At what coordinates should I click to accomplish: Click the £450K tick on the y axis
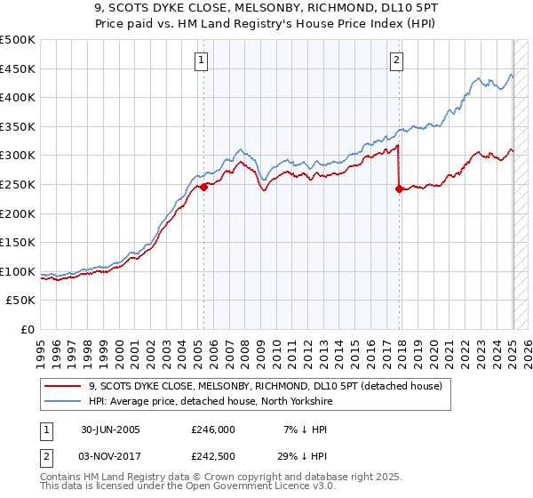[17, 68]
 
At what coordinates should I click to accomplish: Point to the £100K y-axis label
[17, 271]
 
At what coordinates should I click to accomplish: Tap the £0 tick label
[28, 329]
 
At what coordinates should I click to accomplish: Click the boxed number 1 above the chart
[203, 60]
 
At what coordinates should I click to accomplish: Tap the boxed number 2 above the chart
[396, 60]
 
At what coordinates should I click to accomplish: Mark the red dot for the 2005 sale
[204, 187]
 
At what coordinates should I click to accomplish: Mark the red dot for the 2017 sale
[399, 189]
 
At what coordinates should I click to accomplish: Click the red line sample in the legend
[63, 385]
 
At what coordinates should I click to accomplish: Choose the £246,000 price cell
[212, 429]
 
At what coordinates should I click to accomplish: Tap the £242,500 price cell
[212, 455]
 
